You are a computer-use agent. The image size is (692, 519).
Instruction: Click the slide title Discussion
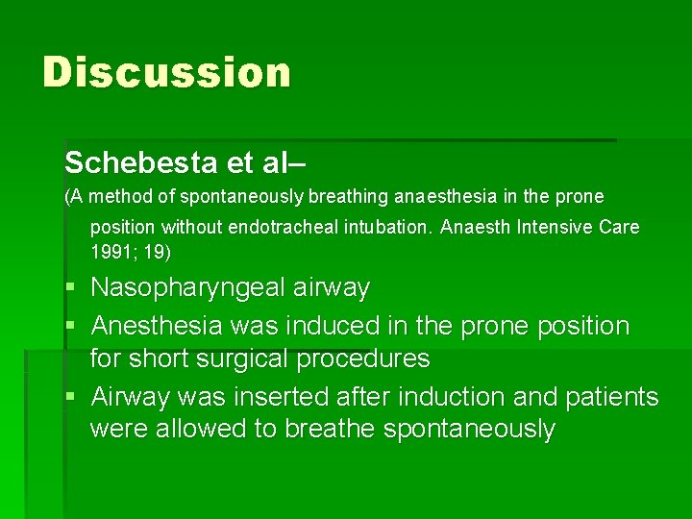pyautogui.click(x=166, y=73)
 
